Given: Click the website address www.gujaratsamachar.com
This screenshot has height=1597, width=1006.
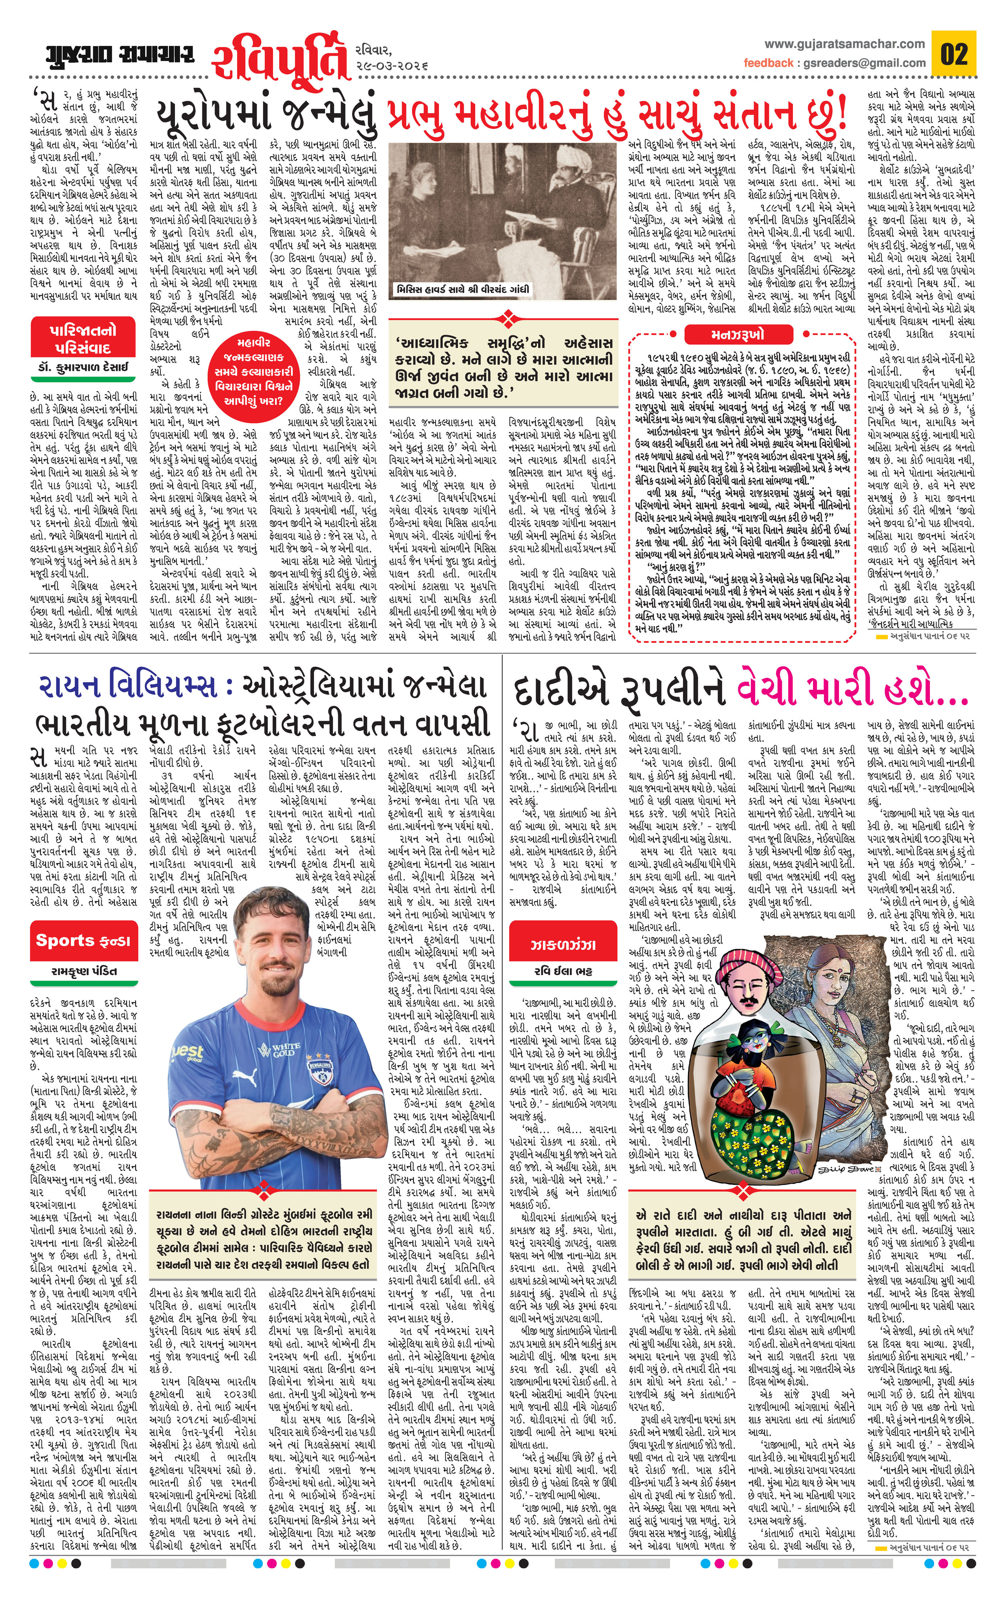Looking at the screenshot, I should [x=844, y=44].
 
